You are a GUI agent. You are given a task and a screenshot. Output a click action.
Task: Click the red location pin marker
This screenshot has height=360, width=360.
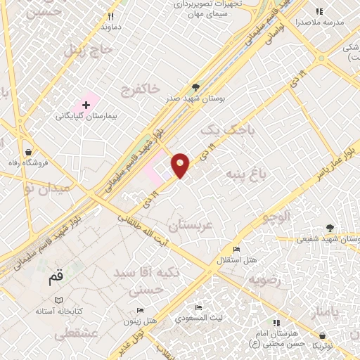pos(181,165)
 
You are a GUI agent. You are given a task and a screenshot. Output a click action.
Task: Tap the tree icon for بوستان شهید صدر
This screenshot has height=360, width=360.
pos(195,88)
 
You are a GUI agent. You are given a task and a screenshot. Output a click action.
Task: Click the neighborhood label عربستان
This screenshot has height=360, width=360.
pos(190,226)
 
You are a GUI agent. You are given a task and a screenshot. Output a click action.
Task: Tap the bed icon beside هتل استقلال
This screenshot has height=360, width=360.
pos(236,250)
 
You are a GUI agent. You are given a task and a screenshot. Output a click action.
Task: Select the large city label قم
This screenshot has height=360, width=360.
pos(55,278)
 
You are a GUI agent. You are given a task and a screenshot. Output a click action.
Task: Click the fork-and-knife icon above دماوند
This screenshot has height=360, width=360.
pos(110,16)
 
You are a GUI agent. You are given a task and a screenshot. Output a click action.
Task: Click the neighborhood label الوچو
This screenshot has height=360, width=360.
pos(276,217)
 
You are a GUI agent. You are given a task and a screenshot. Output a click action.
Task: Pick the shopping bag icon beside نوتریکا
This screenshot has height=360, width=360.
pos(323,336)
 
